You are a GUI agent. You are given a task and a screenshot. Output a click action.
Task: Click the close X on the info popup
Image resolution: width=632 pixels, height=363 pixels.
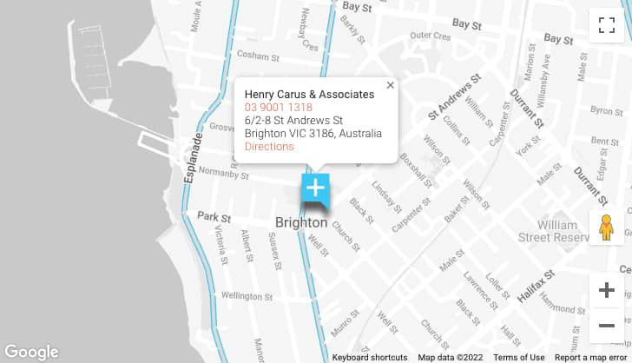coord(390,85)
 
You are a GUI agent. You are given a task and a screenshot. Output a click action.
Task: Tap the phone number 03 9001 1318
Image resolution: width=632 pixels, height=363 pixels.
coord(278,107)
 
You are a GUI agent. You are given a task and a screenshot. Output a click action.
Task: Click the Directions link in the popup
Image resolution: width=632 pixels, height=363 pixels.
coord(269,147)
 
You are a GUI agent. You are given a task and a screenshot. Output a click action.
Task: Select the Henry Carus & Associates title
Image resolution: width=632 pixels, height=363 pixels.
coord(309,94)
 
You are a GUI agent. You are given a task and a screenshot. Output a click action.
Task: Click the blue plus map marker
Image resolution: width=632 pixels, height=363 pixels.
coord(314,188)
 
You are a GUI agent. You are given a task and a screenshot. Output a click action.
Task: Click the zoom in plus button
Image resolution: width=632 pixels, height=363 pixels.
coord(606,290)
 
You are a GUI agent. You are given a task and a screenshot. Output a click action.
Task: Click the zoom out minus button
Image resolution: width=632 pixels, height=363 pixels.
coord(606,325)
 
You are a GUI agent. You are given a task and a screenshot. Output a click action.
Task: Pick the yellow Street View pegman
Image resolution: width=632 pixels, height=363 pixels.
coord(606,228)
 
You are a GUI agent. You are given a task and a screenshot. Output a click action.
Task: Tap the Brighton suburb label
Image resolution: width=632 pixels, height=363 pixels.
coord(301,222)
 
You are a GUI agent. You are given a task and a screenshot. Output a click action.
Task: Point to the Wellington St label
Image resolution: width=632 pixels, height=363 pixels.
coord(247,296)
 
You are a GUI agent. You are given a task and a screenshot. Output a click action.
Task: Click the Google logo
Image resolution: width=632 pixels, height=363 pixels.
coord(30,352)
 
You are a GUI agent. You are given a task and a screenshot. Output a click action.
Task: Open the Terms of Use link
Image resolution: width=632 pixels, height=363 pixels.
coord(519,357)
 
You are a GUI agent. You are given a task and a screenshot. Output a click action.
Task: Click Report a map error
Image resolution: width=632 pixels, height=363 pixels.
coord(592,357)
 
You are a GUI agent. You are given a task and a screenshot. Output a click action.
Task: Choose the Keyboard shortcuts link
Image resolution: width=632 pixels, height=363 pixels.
coord(369,357)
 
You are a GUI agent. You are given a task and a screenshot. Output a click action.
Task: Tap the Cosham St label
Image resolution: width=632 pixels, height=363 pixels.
coord(258,56)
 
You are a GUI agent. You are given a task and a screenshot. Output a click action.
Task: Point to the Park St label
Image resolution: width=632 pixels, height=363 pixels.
coord(214,216)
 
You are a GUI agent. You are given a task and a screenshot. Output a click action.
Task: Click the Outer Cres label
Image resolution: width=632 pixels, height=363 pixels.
coord(431,36)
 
